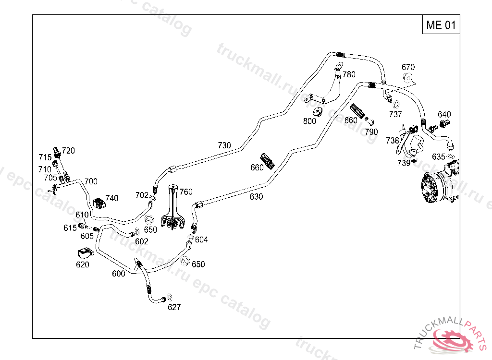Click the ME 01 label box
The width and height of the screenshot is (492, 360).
pos(441,25)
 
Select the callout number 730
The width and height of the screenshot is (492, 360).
pos(224,145)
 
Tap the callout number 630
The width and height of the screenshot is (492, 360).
pos(256,196)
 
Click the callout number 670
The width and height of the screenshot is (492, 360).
pos(408,67)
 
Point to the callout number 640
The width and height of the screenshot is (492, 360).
pos(444,114)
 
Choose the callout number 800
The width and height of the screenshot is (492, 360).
pos(310,121)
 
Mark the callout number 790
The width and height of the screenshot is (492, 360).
pos(371,132)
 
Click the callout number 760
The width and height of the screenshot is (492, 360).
pos(186,192)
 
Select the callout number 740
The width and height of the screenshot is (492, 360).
pos(111,198)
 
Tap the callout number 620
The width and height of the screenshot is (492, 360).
pos(82,264)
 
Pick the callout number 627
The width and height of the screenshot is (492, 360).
pos(174,307)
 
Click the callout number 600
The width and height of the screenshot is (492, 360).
pos(119,274)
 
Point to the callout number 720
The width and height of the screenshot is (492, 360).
pos(69,151)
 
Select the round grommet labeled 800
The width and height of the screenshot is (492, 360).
pos(318,112)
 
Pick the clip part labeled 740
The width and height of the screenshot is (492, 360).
pos(99,204)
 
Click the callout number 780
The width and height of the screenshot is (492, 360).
pos(349,74)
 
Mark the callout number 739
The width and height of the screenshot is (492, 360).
pos(404,163)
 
